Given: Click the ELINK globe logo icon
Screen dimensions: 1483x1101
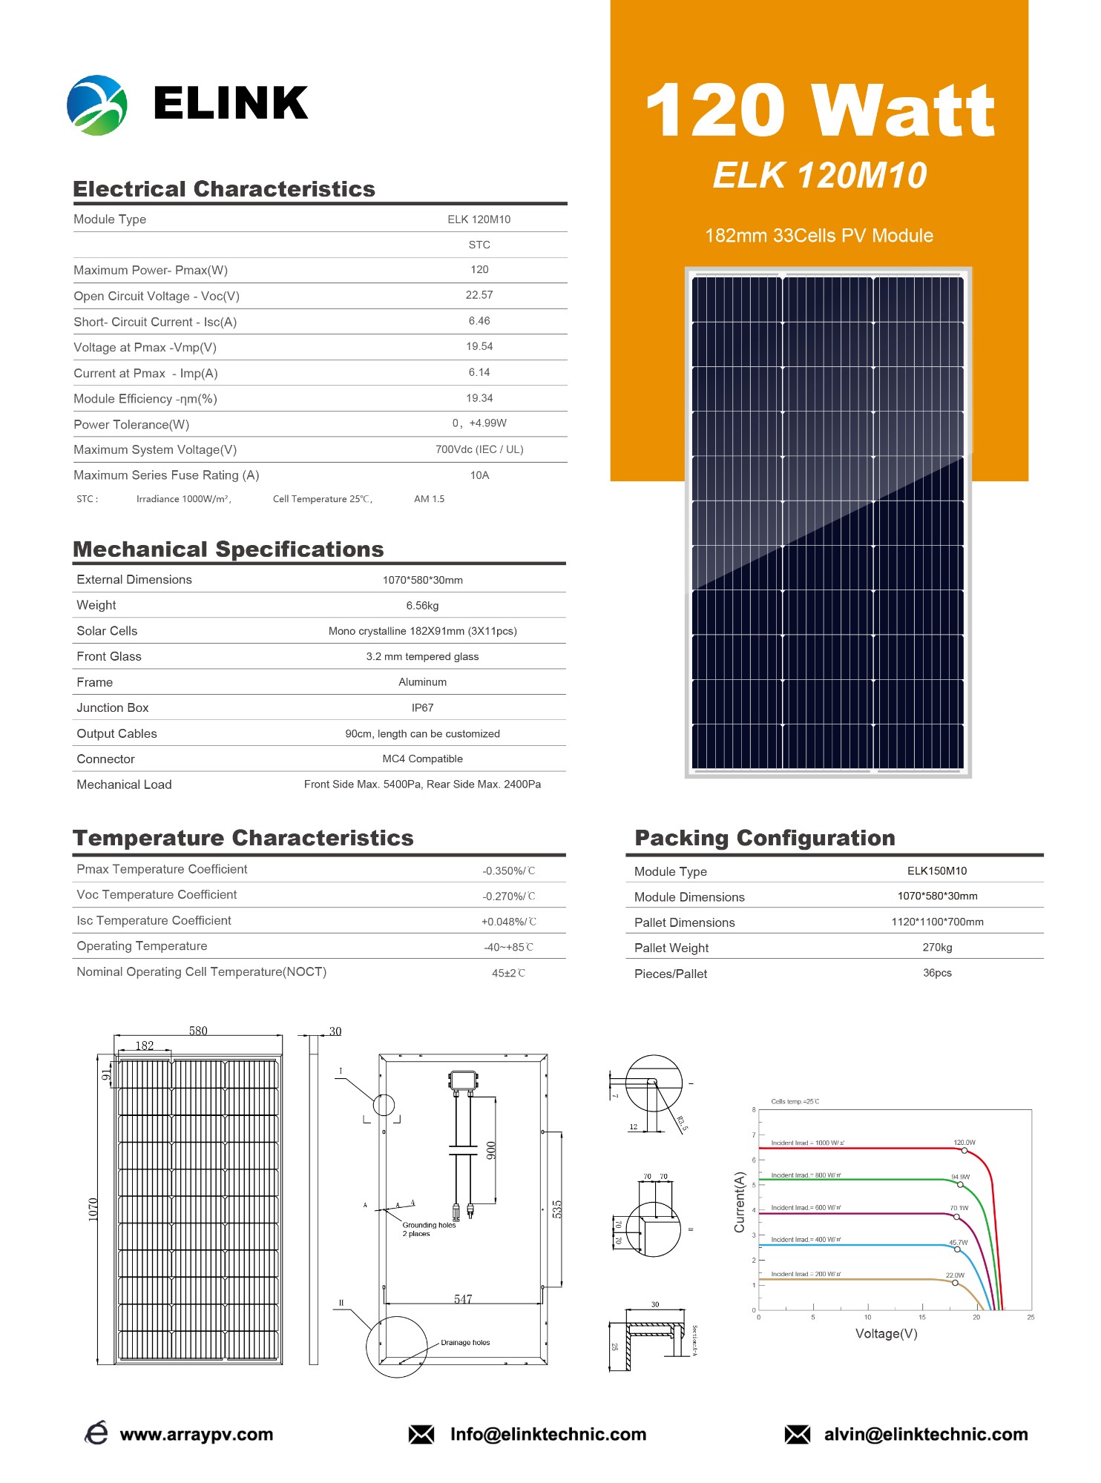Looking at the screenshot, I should click(x=97, y=105).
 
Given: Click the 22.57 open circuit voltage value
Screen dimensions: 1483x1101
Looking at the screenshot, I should click(x=479, y=295).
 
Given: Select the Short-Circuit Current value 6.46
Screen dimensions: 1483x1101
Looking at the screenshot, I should click(x=479, y=321).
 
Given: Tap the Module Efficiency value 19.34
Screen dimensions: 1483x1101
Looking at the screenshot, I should click(x=479, y=398).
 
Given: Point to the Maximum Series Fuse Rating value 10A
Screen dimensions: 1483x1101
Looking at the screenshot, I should click(x=479, y=475).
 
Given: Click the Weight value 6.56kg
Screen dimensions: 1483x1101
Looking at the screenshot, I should click(x=422, y=606).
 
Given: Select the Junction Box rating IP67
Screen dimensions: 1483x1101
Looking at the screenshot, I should click(x=422, y=708).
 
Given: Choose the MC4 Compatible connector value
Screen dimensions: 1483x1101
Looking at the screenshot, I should click(x=422, y=759).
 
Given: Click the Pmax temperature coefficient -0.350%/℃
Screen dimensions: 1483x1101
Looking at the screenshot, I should click(x=508, y=871).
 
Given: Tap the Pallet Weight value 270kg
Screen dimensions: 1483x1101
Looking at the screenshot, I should click(x=937, y=948).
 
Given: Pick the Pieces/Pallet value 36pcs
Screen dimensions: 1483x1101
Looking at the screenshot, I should click(x=937, y=973).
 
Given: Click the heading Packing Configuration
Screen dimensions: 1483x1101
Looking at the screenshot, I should click(x=764, y=838).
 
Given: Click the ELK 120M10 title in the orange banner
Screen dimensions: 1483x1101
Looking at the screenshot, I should click(x=819, y=176).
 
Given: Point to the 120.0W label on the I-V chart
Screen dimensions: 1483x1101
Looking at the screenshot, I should click(x=964, y=1143).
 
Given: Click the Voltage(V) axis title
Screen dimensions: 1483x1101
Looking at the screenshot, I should click(x=886, y=1334).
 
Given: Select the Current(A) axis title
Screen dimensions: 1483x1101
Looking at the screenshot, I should click(x=739, y=1202).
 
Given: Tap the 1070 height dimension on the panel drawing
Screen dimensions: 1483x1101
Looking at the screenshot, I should click(x=93, y=1209).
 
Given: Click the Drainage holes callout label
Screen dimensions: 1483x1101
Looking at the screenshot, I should click(x=465, y=1343).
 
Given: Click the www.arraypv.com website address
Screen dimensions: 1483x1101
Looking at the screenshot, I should click(x=196, y=1435).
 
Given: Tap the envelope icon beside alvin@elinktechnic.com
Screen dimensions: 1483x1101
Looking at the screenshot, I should click(x=797, y=1435).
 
